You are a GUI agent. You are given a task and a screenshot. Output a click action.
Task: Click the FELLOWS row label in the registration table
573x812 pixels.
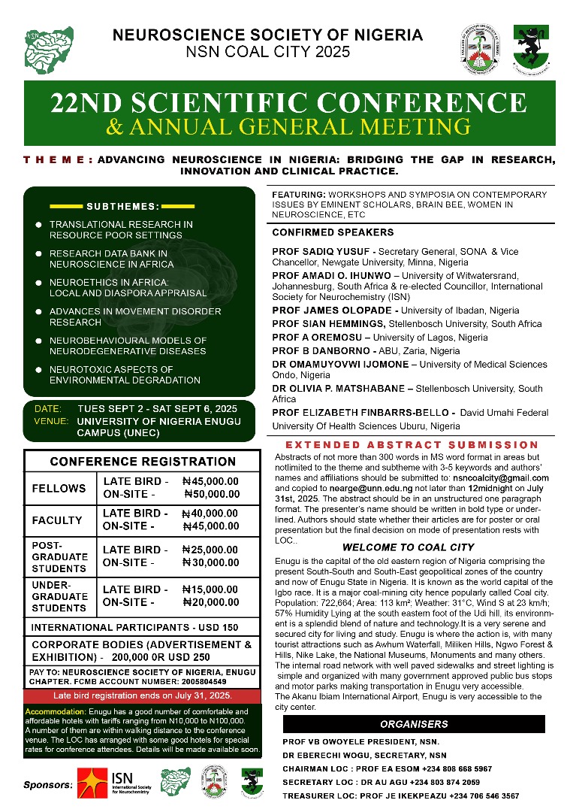tap(59, 489)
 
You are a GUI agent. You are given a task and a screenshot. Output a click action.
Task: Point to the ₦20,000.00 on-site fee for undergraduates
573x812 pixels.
tap(211, 602)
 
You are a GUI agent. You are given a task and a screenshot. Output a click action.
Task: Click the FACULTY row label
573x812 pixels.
tap(57, 520)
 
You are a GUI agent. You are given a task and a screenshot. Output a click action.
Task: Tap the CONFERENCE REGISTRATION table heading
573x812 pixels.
tap(143, 461)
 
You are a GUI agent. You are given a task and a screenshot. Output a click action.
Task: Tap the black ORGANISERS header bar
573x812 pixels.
tap(413, 724)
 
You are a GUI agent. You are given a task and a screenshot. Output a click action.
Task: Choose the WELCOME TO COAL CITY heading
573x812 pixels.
tap(408, 547)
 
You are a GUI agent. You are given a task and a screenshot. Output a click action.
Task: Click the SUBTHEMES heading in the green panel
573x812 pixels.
tap(123, 205)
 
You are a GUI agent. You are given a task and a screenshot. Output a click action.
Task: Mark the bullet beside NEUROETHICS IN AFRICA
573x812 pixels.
tap(38, 282)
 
